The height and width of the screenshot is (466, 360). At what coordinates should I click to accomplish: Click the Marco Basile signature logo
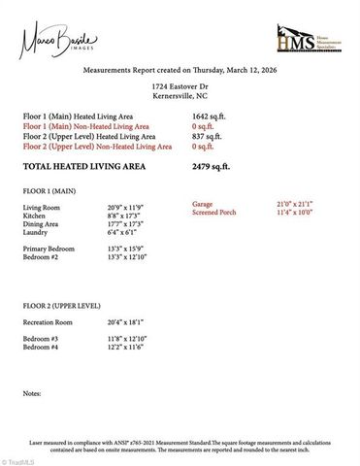pyautogui.click(x=47, y=41)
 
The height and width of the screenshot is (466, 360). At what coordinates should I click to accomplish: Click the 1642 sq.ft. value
pyautogui.click(x=210, y=117)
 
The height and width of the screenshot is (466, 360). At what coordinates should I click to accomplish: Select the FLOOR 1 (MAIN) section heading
pyautogui.click(x=49, y=192)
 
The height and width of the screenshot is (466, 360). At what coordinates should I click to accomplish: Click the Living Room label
pyautogui.click(x=42, y=208)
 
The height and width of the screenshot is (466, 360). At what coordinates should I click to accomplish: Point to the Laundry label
pyautogui.click(x=37, y=232)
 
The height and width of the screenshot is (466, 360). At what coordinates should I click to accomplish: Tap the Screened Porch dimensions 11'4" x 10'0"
pyautogui.click(x=295, y=212)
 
